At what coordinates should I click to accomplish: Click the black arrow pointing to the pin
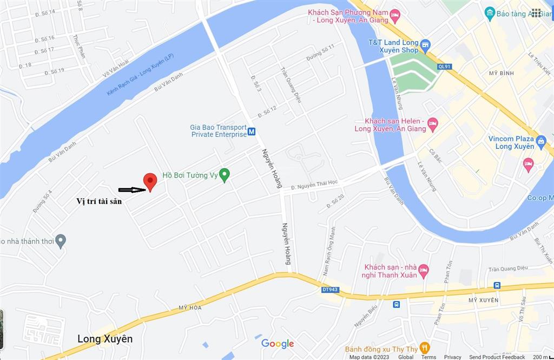pos(131,190)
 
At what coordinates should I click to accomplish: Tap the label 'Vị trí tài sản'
pos(99,201)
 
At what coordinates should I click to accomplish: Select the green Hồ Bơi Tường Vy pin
pos(225,174)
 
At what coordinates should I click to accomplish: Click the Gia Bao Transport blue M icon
pos(252,131)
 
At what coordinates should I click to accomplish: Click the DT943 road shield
pos(329,290)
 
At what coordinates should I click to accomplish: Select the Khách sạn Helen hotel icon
pos(432,124)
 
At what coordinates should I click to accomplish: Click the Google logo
pos(278,344)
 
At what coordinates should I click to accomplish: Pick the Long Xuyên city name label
pos(105,339)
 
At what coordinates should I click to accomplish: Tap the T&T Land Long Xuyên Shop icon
pos(425,44)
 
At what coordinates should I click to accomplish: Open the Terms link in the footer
pos(428,357)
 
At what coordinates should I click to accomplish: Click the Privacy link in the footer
pos(453,357)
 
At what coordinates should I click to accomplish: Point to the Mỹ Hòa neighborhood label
pos(190,307)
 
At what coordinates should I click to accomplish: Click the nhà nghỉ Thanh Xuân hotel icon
pos(423,270)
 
